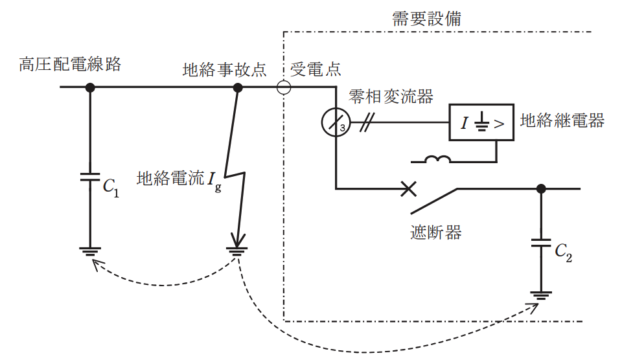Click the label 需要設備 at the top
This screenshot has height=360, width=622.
pos(426,19)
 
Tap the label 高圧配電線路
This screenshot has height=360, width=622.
pos(70,64)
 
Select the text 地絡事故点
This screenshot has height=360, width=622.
pos(225,70)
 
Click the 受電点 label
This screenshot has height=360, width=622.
pos(316,69)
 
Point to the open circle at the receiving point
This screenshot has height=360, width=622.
pos(284,87)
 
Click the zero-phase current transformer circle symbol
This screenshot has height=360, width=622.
pos(336,122)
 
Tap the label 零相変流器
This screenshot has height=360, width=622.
pos(391,96)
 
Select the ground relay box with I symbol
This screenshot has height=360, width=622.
pos(481,122)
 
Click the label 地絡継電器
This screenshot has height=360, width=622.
pos(562,120)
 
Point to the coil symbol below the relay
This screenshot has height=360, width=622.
pos(437,159)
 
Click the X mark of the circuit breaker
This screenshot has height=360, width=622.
pos(409,189)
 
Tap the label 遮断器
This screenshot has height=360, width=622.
pos(435,232)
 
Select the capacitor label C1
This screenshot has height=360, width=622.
pos(111,187)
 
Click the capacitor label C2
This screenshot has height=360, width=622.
pos(563,252)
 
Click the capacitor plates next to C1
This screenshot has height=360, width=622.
pos(90,177)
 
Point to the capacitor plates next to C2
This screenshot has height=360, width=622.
pos(541,243)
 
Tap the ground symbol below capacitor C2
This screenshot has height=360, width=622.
pos(541,296)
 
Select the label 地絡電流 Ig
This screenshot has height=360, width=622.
pos(179,181)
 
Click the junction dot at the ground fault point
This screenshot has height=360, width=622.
pos(238,87)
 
